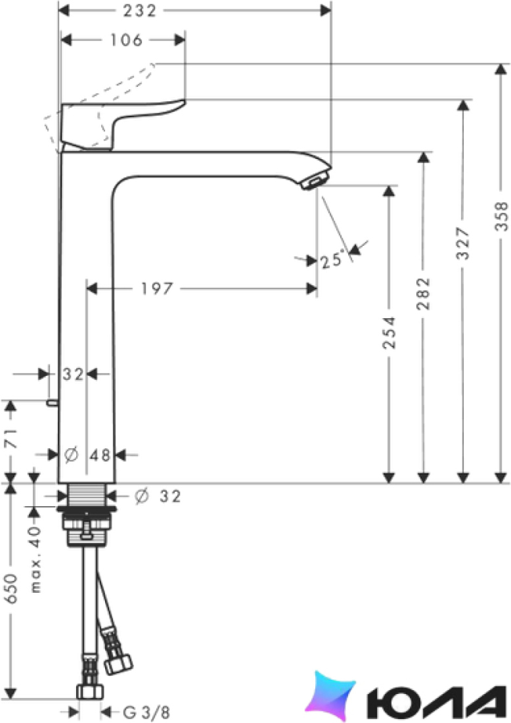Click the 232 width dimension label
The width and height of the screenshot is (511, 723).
click(x=140, y=11)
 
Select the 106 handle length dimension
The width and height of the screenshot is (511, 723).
click(x=126, y=40)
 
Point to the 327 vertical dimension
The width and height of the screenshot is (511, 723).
click(x=464, y=243)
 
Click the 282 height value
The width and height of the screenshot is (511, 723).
click(x=423, y=293)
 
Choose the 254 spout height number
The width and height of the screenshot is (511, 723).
click(x=389, y=333)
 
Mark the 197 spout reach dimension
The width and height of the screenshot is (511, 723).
click(x=157, y=289)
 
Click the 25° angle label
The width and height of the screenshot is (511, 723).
click(x=332, y=260)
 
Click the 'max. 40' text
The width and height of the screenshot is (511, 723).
click(x=36, y=559)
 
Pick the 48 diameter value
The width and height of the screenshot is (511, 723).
click(x=100, y=455)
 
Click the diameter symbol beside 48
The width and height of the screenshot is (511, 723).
click(x=71, y=455)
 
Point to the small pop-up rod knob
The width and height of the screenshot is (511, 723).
click(x=52, y=404)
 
